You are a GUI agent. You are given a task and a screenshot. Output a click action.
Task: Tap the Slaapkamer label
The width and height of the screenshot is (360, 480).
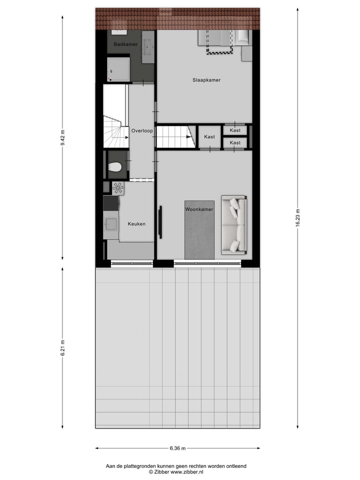click(206, 80)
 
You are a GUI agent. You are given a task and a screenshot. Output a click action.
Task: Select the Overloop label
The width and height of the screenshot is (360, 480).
click(141, 130)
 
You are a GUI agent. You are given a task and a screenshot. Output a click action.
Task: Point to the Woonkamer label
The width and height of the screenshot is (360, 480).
click(199, 209)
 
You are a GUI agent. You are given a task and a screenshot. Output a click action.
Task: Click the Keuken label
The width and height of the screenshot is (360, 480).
click(136, 223)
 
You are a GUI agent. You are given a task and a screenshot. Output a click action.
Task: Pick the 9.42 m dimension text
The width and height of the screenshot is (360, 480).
click(62, 137)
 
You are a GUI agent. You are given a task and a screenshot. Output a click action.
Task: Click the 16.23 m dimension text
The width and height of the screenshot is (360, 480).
click(298, 218)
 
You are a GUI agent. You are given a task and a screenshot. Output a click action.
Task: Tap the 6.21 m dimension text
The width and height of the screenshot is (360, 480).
click(62, 347)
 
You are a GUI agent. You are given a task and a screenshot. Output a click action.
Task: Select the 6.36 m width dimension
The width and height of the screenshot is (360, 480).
click(177, 448)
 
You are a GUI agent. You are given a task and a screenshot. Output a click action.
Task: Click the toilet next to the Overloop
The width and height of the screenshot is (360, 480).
click(115, 167)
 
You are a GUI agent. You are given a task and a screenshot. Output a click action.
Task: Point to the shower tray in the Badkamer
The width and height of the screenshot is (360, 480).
click(118, 68)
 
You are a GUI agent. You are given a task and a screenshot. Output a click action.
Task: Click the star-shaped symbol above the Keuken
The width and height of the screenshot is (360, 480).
click(118, 188)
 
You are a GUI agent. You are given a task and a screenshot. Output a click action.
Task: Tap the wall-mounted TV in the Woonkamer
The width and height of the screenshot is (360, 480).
click(160, 222)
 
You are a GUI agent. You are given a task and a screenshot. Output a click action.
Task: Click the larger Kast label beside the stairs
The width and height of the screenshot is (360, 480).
click(209, 136)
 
